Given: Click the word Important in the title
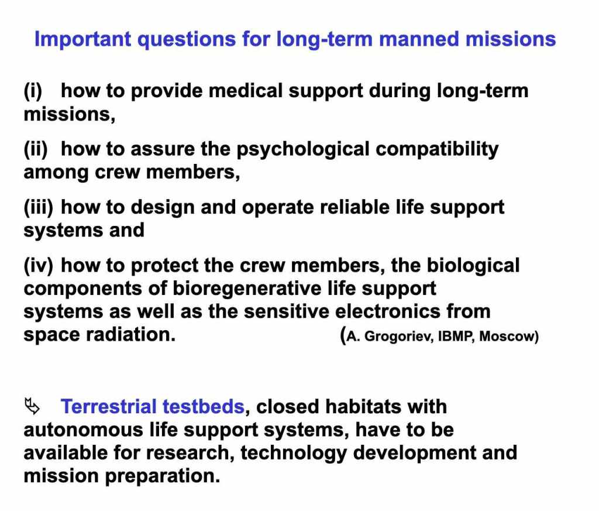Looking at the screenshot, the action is (x=83, y=39).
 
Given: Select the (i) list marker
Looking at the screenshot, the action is (x=33, y=91).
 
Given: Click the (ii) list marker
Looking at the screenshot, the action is (x=36, y=149).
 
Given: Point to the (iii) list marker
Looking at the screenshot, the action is (x=38, y=208).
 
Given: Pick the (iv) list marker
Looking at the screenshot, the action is (x=38, y=266).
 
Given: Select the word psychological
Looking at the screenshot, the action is (x=303, y=150).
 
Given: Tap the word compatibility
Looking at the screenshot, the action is (x=437, y=150).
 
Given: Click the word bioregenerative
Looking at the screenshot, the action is (x=247, y=289).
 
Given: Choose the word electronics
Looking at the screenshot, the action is (x=388, y=311).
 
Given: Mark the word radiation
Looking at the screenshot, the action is (x=130, y=334).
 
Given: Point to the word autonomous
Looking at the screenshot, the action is (x=83, y=430).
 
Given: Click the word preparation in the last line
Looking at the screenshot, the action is (x=163, y=476).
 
